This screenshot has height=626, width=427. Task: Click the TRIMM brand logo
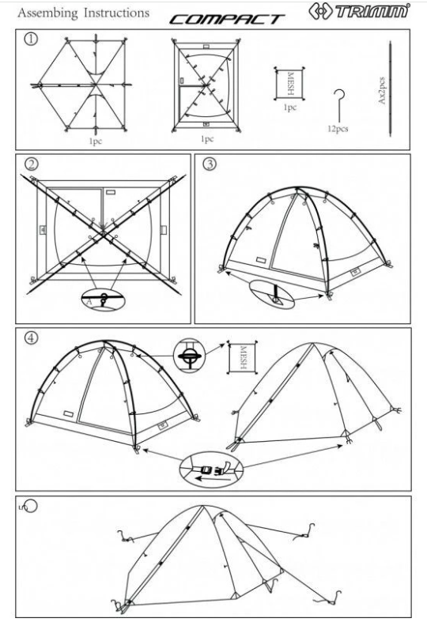(359, 11)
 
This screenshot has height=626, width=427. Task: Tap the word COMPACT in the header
(227, 20)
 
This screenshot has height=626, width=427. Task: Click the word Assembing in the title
(47, 13)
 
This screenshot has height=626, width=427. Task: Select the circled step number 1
(31, 39)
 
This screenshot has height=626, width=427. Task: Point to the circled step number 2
(31, 164)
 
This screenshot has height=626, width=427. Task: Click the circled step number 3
(210, 164)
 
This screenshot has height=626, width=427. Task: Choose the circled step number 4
(31, 338)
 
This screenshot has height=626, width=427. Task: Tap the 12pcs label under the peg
(338, 129)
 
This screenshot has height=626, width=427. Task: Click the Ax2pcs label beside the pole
(381, 91)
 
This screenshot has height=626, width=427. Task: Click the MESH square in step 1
(289, 84)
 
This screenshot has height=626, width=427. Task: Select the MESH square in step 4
(243, 357)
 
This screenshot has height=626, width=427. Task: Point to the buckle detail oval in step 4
(211, 470)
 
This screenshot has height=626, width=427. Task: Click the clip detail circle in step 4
(189, 356)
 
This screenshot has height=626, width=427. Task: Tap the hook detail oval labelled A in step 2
(103, 299)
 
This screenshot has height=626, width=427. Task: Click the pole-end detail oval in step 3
(272, 295)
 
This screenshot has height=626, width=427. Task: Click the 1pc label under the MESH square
(290, 107)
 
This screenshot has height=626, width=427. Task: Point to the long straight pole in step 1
(391, 89)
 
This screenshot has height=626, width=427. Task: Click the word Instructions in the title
(116, 13)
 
